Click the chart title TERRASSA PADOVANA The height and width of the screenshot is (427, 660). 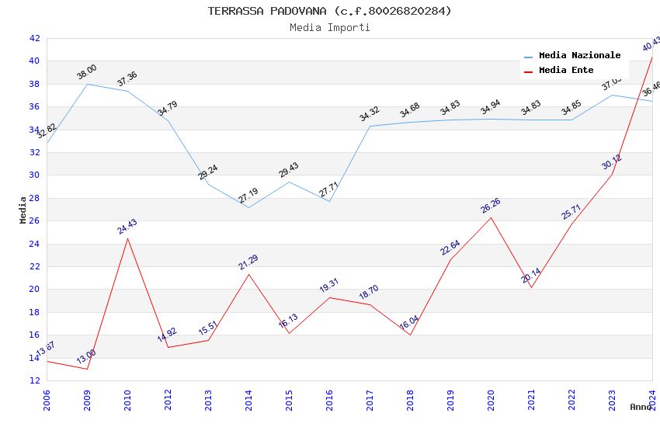tap(329, 11)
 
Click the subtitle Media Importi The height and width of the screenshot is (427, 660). tap(329, 27)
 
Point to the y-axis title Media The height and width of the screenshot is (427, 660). tap(23, 210)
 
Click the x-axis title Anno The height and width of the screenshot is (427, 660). tap(641, 407)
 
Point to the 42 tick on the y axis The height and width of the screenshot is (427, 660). tap(34, 38)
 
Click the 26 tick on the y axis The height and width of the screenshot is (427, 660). tap(34, 221)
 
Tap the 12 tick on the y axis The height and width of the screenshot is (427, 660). tap(34, 381)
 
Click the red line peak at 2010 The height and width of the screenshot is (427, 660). tap(127, 238)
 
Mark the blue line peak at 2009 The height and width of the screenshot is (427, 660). tap(87, 84)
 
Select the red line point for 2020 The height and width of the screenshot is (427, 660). tap(491, 217)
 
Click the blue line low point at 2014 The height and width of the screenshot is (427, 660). tap(248, 207)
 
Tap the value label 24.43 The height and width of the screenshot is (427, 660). tap(127, 227)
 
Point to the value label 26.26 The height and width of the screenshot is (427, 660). tap(491, 206)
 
